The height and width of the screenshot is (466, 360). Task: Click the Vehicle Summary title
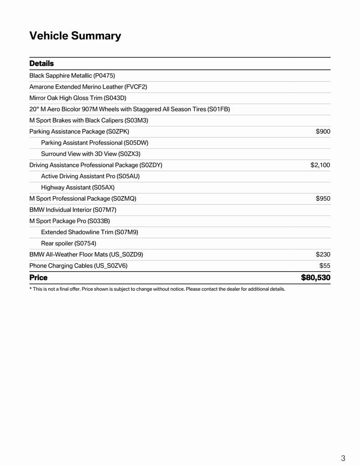[x=75, y=36]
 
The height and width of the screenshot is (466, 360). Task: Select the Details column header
[x=41, y=63]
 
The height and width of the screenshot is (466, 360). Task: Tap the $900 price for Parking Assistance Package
[x=323, y=132]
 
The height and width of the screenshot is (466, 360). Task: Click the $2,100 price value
[x=320, y=165]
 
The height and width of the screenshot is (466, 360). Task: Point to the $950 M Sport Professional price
[x=323, y=198]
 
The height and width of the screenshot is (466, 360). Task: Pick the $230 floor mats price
[x=323, y=254]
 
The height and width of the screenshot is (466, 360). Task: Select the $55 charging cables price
[x=325, y=265]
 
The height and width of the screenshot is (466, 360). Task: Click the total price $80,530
[x=315, y=278]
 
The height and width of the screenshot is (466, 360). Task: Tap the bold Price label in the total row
[x=38, y=278]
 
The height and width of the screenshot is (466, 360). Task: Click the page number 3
[x=343, y=458]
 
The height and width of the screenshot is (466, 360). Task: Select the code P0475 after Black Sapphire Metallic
[x=104, y=76]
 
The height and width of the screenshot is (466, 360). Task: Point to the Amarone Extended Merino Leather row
[x=88, y=86]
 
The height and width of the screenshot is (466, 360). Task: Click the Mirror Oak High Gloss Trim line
[x=78, y=98]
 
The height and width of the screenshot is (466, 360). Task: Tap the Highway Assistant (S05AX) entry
[x=78, y=187]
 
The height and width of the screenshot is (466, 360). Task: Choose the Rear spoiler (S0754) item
[x=69, y=243]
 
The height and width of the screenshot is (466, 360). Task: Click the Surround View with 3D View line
[x=91, y=154]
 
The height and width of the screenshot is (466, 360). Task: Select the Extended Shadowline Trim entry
[x=90, y=232]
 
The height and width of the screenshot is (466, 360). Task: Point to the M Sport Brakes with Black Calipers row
[x=89, y=120]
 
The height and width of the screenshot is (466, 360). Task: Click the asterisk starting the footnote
[x=30, y=289]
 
